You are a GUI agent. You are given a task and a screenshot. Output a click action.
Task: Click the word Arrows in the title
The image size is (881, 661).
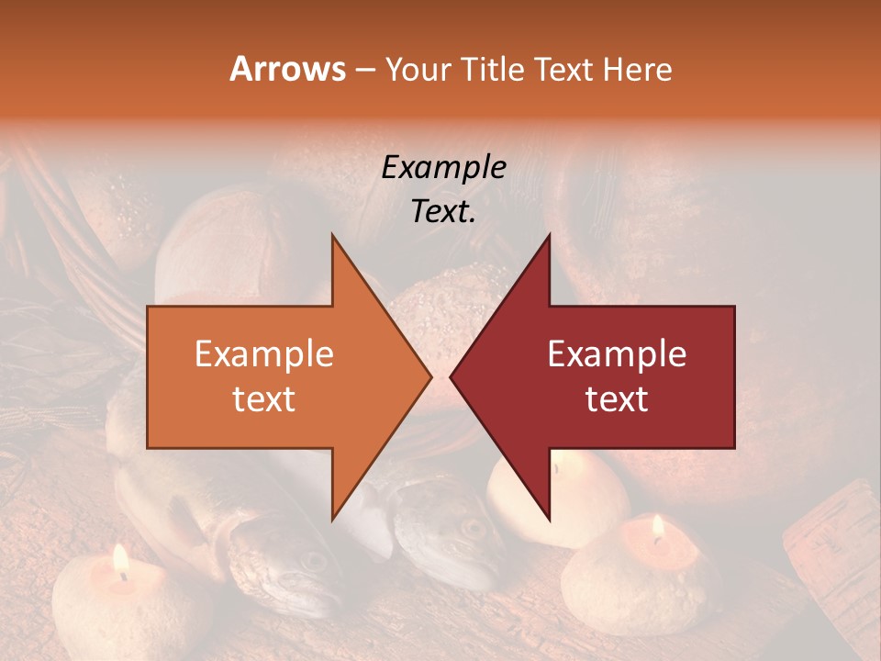(287, 69)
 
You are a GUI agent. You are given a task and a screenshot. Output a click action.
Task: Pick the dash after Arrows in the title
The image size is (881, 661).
(364, 71)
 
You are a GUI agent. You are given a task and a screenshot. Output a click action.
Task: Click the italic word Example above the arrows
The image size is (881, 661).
(443, 167)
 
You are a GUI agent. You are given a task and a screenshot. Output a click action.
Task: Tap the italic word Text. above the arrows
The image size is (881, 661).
(443, 211)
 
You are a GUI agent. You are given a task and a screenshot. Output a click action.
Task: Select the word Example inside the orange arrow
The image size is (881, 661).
(264, 354)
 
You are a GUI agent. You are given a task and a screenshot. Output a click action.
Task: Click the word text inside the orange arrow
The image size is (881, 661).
(264, 398)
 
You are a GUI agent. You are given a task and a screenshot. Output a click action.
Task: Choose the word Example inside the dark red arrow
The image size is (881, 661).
(617, 354)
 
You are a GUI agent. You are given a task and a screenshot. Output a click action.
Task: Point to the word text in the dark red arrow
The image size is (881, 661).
(617, 398)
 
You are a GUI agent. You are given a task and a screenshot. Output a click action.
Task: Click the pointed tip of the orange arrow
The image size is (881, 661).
(430, 376)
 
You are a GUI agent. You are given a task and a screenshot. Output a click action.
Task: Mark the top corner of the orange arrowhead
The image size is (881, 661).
(332, 235)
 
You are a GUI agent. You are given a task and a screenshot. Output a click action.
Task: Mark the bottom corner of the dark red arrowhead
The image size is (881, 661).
(549, 519)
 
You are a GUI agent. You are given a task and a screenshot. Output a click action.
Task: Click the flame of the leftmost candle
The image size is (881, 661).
(119, 559)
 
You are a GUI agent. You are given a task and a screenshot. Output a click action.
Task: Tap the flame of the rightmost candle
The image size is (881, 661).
(657, 527)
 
